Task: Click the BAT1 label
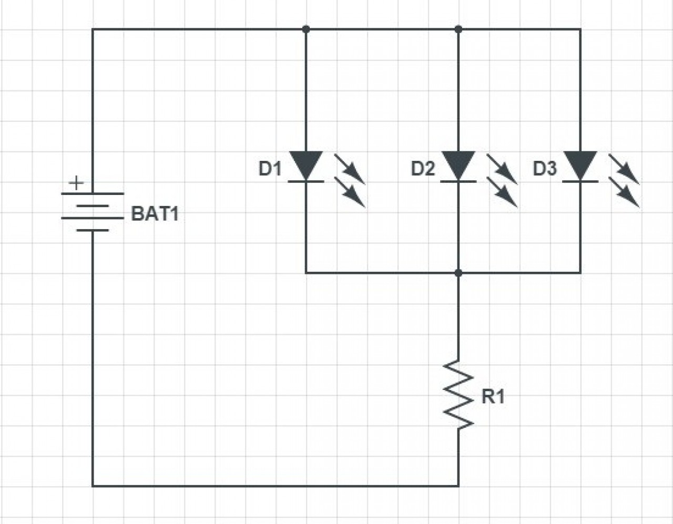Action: tap(155, 214)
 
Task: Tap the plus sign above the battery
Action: tap(76, 183)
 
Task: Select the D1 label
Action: tap(270, 169)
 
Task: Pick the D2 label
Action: tap(423, 169)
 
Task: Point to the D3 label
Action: tap(545, 169)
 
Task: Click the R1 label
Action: tap(493, 396)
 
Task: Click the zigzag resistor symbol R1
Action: tap(458, 395)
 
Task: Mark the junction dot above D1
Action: tap(306, 29)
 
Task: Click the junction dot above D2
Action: tap(458, 29)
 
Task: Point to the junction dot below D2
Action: tap(458, 273)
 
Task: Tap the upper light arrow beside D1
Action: tap(350, 169)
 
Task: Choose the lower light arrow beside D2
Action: tap(502, 192)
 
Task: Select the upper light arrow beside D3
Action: tap(624, 169)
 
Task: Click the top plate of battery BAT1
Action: tap(93, 194)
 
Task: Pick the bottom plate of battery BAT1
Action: tap(93, 230)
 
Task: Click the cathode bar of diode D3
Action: tap(580, 181)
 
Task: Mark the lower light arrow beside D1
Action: tap(350, 192)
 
